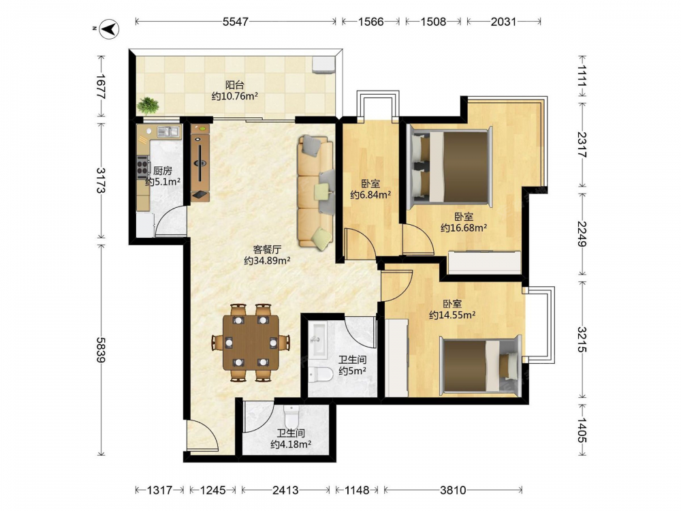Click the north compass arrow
[110, 29]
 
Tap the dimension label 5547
[235, 22]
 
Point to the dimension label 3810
[453, 490]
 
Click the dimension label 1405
[582, 430]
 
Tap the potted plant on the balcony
[148, 106]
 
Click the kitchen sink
[168, 131]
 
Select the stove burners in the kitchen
[142, 168]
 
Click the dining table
[251, 343]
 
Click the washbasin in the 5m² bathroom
[318, 340]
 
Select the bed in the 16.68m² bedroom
[451, 167]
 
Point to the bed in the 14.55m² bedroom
[480, 365]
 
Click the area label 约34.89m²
[267, 261]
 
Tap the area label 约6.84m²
[370, 195]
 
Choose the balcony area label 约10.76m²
[234, 96]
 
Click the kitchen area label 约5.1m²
[163, 182]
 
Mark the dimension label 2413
[285, 490]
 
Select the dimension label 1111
[582, 75]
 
